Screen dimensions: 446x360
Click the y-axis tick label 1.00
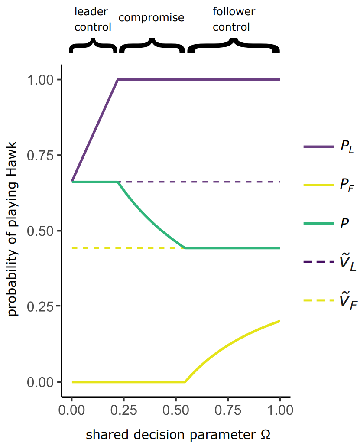[x=41, y=80]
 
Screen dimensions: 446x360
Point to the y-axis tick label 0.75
[x=41, y=155]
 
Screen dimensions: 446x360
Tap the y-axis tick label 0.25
[x=41, y=306]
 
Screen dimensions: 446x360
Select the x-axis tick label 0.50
[x=175, y=410]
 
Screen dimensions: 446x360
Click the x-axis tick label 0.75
[x=228, y=410]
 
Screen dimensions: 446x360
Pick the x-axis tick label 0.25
[x=123, y=410]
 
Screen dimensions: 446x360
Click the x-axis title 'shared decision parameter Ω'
[x=178, y=434]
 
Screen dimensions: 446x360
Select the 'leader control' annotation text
[x=92, y=19]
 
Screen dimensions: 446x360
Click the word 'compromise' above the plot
[x=151, y=18]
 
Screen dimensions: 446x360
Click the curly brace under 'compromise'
[x=151, y=46]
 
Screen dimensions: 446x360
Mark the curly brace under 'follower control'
[x=233, y=46]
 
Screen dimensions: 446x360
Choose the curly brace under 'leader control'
[x=93, y=46]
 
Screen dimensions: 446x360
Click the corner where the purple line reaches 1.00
[x=118, y=80]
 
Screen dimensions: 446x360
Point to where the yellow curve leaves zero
[x=185, y=382]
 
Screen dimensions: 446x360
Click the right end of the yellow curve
[x=280, y=321]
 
